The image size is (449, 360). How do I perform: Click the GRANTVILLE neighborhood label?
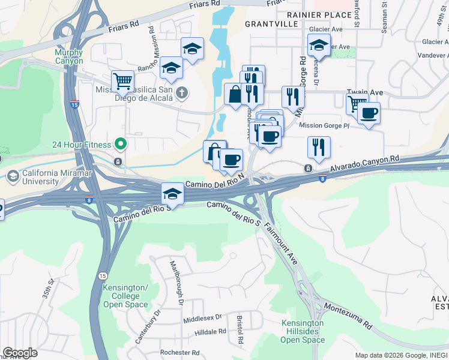pyautogui.click(x=271, y=24)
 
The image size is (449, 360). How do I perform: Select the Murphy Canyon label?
pyautogui.click(x=69, y=57)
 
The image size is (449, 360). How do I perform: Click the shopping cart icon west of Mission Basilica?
pyautogui.click(x=122, y=80)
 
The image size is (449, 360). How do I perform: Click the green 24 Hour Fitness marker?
pyautogui.click(x=120, y=144)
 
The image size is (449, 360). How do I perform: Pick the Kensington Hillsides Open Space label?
pyautogui.click(x=303, y=332)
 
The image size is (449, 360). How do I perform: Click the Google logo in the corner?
pyautogui.click(x=20, y=353)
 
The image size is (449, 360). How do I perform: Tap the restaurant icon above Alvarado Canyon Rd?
pyautogui.click(x=318, y=147)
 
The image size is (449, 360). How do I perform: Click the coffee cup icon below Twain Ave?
pyautogui.click(x=369, y=113)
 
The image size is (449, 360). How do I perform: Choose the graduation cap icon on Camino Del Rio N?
pyautogui.click(x=172, y=193)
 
